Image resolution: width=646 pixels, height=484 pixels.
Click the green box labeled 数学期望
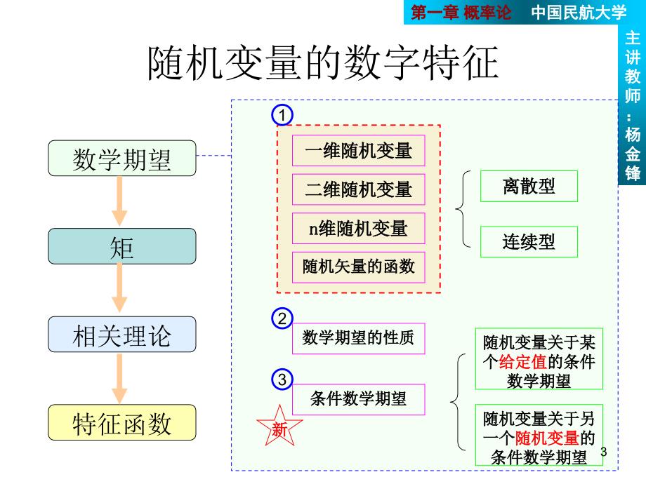[122, 159]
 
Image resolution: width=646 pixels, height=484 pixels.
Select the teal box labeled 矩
[122, 246]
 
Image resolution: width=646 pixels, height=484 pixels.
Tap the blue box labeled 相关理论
[122, 334]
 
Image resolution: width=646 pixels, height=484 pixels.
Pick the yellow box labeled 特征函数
[122, 422]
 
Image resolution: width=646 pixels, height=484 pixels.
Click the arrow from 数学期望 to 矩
[119, 201]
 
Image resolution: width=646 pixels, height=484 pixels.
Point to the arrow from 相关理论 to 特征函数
[119, 378]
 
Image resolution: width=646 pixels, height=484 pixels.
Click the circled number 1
[282, 115]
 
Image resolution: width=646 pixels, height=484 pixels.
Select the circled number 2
[282, 318]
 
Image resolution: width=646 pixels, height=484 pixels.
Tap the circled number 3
[282, 379]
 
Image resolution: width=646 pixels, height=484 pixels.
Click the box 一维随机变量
[358, 151]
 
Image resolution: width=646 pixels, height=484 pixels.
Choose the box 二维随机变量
[358, 189]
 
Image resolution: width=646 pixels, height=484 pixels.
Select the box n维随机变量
[358, 229]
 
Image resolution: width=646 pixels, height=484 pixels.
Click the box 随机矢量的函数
[358, 267]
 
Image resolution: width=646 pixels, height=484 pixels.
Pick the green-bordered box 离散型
[529, 186]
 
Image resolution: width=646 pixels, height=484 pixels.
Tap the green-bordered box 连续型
[529, 241]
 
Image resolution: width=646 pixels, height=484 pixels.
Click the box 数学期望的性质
[358, 338]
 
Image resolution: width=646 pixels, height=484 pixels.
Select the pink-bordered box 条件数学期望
[358, 399]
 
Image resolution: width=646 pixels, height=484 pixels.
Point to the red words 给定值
[523, 362]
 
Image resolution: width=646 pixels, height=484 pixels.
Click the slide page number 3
[604, 452]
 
